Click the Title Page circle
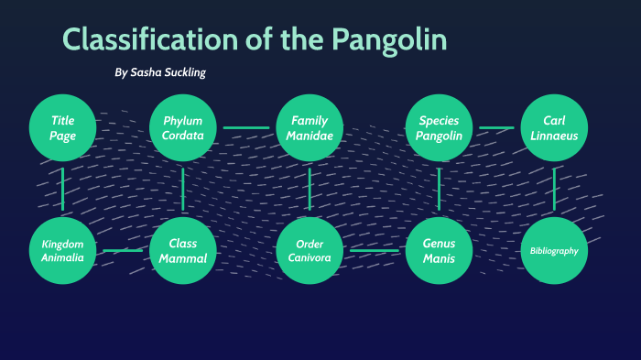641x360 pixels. pos(62,127)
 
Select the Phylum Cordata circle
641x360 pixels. pos(183,127)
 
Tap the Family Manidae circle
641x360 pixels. pos(310,127)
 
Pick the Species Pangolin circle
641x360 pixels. pos(440,127)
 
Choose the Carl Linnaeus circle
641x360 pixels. pos(554,127)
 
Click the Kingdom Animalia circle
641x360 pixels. pos(62,250)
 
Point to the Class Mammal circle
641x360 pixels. pos(183,250)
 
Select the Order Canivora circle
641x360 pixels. pos(310,250)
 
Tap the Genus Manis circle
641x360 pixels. pos(440,250)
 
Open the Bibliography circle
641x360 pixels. pos(554,250)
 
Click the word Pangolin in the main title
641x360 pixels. pos(389,40)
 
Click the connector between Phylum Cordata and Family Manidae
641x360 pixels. pos(246,127)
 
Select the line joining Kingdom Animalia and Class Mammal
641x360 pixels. pos(123,250)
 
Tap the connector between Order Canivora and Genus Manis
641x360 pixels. pos(375,250)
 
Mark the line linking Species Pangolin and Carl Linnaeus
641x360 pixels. pos(497,127)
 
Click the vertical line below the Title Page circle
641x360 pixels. pos(62,189)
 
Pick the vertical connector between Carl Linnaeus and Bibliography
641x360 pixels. pos(554,189)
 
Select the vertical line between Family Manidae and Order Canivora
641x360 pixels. pos(310,189)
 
